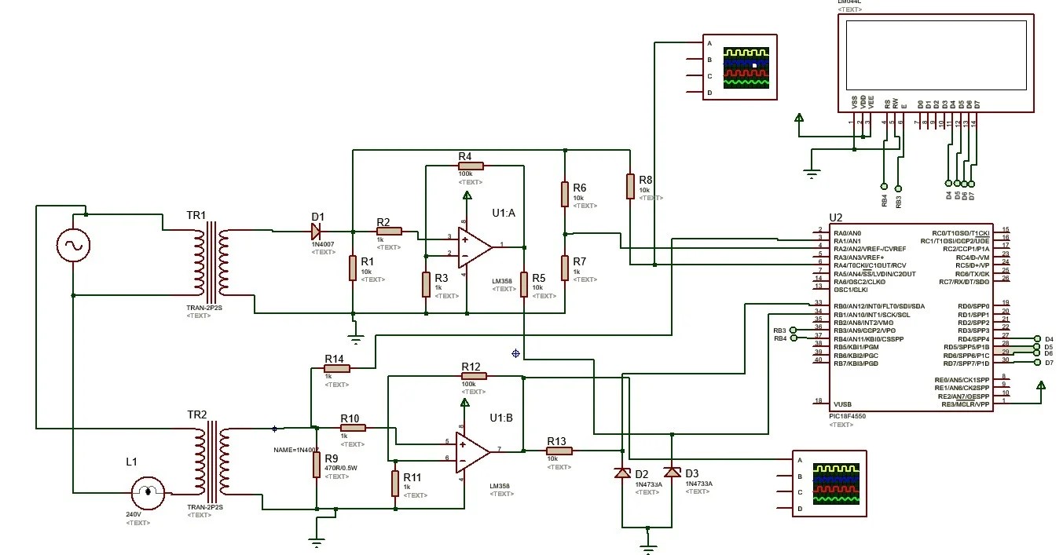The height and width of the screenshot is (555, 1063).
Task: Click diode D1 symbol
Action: pyautogui.click(x=316, y=231)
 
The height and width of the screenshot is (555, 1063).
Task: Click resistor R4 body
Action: pyautogui.click(x=471, y=166)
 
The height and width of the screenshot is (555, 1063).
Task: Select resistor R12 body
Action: pyautogui.click(x=474, y=377)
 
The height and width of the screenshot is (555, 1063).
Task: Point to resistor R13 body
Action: pyautogui.click(x=559, y=451)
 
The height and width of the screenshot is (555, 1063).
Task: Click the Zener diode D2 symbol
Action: pyautogui.click(x=622, y=473)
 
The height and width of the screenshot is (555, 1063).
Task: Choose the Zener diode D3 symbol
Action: pyautogui.click(x=672, y=472)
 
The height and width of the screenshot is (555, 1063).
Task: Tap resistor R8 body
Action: pyautogui.click(x=629, y=186)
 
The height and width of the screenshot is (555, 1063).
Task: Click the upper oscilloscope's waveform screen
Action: pyautogui.click(x=747, y=67)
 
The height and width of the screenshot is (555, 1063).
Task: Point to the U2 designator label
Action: pyautogui.click(x=836, y=217)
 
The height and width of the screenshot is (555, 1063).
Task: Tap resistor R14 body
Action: pyautogui.click(x=336, y=367)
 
